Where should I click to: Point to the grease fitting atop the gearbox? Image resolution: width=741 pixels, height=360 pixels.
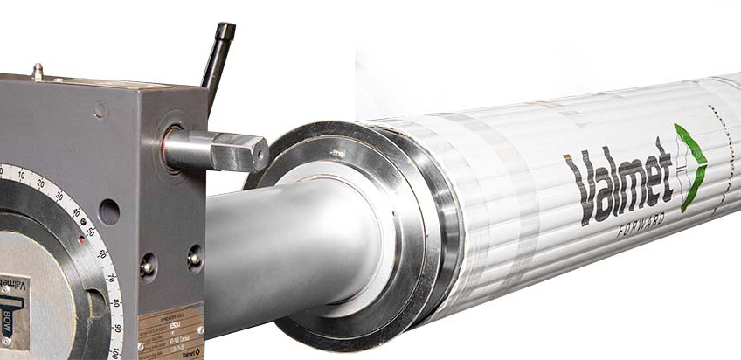pyautogui.click(x=37, y=71)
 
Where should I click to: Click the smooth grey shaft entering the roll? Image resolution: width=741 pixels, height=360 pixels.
pyautogui.click(x=262, y=253)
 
